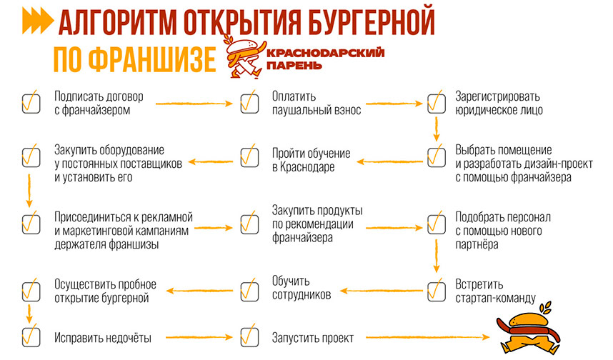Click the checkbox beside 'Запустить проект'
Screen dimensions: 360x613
pos(248,336)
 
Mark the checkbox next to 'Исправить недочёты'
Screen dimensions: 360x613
pos(30,336)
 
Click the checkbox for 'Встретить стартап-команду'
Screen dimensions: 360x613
pos(435,291)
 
